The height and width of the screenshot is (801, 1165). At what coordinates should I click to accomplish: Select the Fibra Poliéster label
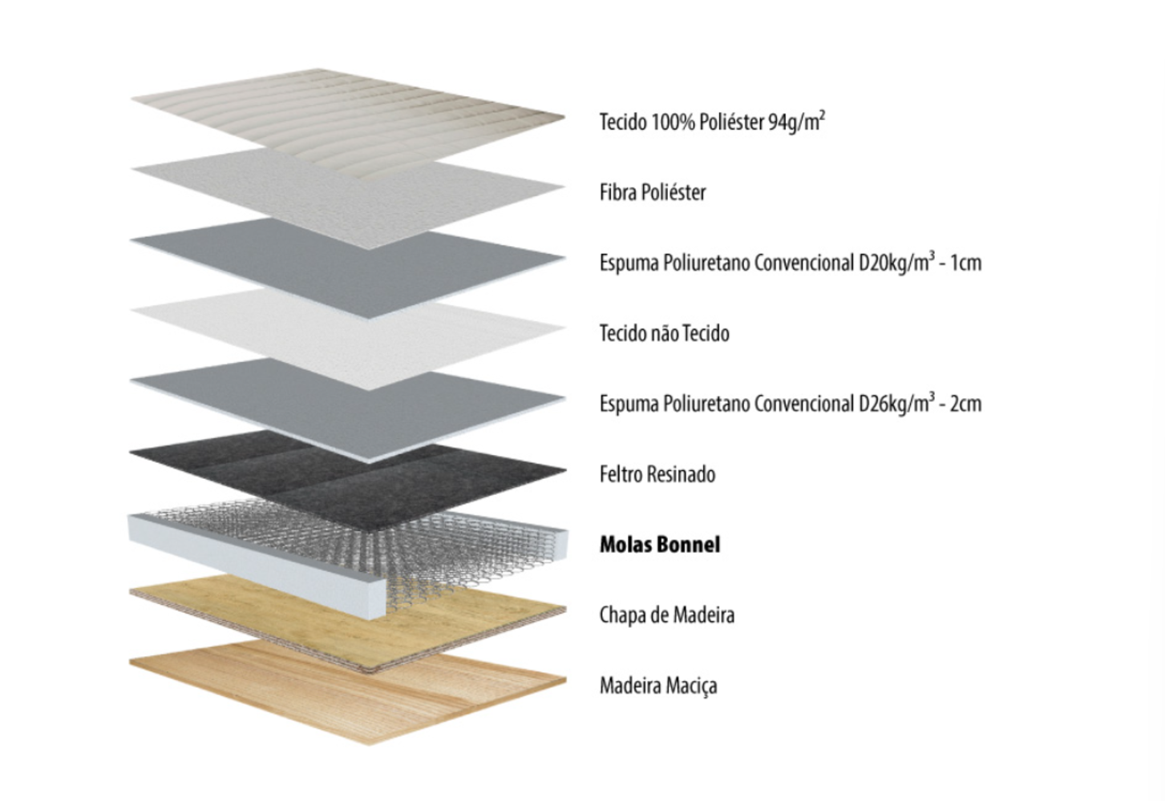653,193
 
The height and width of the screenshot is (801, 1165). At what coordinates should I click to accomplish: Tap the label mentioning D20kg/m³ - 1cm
791,262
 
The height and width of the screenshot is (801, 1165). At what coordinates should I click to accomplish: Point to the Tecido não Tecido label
664,333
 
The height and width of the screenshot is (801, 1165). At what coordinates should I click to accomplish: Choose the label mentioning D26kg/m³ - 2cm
791,403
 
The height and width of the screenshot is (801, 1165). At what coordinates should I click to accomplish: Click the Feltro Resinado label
657,473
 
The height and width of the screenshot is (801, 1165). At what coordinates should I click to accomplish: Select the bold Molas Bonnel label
660,545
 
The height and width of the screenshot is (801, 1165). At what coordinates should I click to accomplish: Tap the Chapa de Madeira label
667,615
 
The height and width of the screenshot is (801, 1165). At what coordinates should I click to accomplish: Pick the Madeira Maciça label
658,686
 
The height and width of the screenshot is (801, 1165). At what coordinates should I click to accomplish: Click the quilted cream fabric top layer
347,122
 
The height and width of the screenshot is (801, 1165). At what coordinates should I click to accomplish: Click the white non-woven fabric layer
347,338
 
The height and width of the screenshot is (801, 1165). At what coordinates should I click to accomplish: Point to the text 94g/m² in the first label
797,122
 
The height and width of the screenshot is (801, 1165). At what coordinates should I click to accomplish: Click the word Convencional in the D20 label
803,263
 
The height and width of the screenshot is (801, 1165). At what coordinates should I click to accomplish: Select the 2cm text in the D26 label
966,404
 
